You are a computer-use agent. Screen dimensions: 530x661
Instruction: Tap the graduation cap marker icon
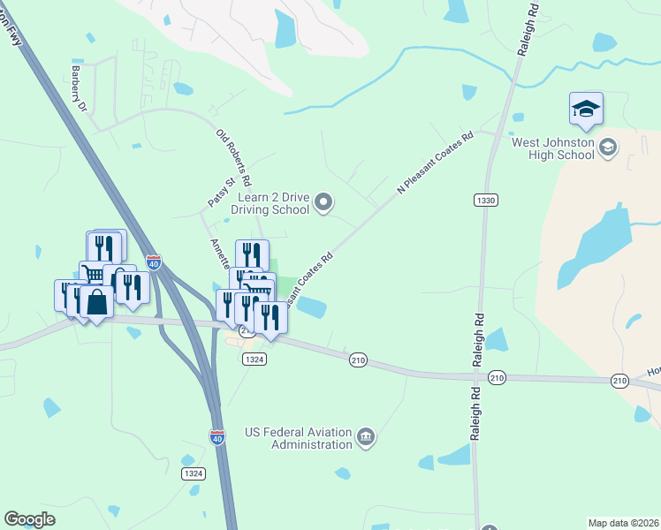pos(586,110)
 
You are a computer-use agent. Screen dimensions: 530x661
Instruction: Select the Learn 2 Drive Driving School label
pos(270,204)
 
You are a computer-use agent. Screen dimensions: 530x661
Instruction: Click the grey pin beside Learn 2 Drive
pos(323,204)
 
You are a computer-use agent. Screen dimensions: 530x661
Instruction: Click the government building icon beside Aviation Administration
pos(365,436)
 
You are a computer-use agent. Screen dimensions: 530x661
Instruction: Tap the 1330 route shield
pos(484,201)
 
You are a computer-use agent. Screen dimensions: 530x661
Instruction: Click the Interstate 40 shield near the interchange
pos(154,261)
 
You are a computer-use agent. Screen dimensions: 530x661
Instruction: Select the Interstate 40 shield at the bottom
pos(218,436)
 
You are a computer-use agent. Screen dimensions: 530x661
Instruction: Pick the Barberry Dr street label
pos(80,88)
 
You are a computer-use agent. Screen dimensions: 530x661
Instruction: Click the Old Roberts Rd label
pos(234,156)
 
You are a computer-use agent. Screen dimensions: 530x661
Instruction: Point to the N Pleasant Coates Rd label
pos(436,163)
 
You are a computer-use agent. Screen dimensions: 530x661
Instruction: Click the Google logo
pos(29,519)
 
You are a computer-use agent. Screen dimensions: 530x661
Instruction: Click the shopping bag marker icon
pos(96,302)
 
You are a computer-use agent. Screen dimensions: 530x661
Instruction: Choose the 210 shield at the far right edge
pos(619,380)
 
